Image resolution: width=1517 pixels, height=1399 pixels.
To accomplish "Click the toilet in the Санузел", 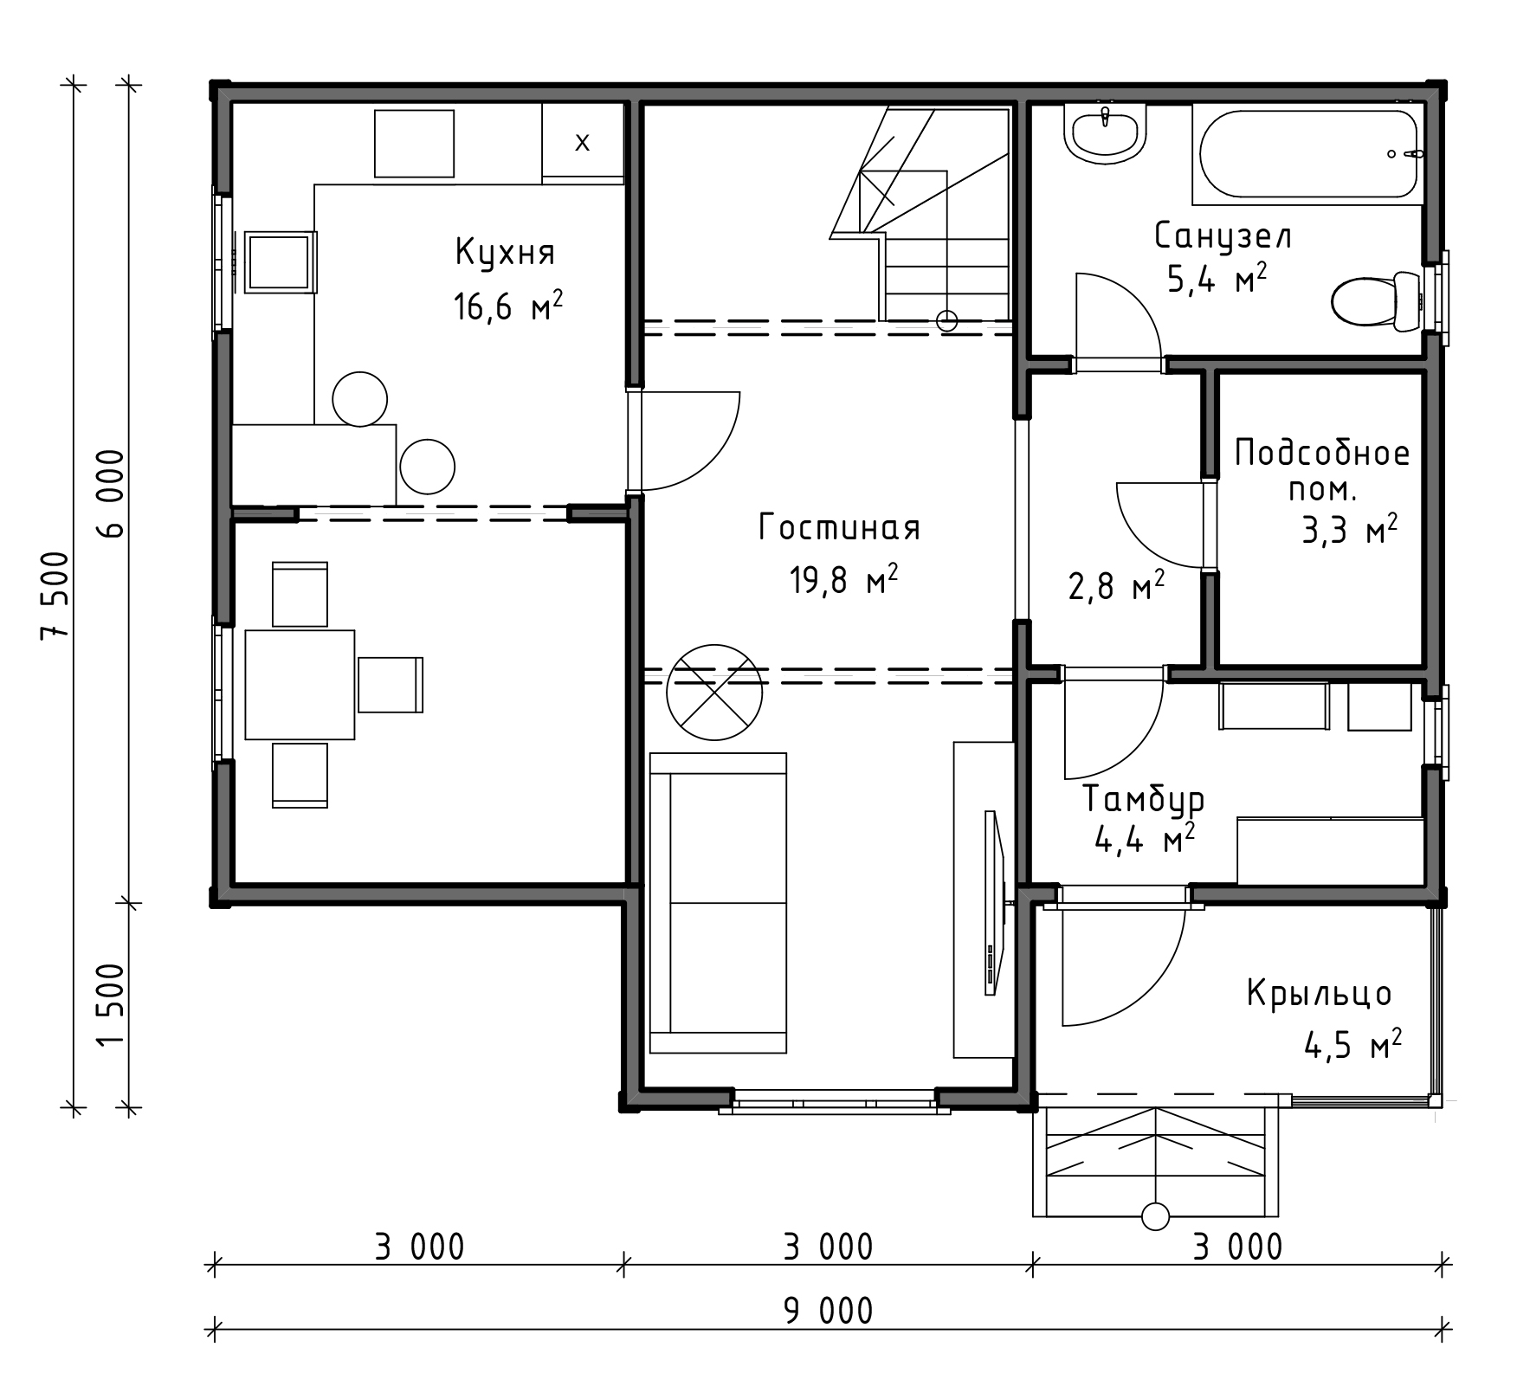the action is pos(1376,302).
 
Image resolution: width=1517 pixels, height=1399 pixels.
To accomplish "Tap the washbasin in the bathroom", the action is pos(1106,133).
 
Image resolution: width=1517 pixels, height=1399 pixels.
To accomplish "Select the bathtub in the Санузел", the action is pos(1307,154).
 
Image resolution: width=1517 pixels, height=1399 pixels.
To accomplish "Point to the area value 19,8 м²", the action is pos(842,579).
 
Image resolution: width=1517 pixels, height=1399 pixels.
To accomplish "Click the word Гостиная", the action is pos(839,528).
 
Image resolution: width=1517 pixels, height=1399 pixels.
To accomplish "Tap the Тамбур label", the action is pos(1144,799).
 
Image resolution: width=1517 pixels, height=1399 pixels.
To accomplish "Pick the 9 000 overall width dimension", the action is pos(829,1311).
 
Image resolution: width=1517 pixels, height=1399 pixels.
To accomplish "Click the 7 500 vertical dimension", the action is pos(55,596).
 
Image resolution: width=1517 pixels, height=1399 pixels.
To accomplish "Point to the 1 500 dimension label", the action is pos(113,1003).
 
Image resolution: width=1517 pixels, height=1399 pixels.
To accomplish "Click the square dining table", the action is pos(300,685).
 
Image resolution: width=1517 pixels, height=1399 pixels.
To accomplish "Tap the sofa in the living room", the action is pos(718,903).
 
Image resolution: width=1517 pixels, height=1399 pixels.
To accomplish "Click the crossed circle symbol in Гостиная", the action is pos(714,692).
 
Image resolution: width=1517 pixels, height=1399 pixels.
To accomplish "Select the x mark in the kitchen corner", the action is pos(583,142).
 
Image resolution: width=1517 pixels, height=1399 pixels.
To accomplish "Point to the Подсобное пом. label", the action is pos(1322,470).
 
